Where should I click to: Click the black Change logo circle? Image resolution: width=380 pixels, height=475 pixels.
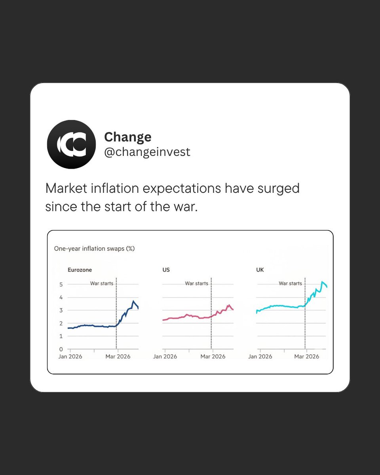pyautogui.click(x=71, y=144)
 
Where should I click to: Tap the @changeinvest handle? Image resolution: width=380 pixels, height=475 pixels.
pyautogui.click(x=147, y=152)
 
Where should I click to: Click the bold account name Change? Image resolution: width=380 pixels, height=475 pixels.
pyautogui.click(x=127, y=137)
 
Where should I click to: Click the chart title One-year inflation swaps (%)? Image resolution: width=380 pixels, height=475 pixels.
pyautogui.click(x=94, y=249)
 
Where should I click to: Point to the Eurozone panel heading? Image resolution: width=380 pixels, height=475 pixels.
pyautogui.click(x=80, y=270)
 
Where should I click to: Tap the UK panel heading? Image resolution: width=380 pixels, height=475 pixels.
pyautogui.click(x=260, y=270)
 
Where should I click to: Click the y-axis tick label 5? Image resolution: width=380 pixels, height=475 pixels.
pyautogui.click(x=61, y=284)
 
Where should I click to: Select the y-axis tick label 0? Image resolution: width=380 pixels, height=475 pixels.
pyautogui.click(x=61, y=349)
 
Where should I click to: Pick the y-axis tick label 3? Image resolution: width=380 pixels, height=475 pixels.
pyautogui.click(x=61, y=310)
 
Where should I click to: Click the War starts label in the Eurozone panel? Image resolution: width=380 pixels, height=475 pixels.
pyautogui.click(x=102, y=283)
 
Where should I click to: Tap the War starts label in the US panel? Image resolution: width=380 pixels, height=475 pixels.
pyautogui.click(x=197, y=283)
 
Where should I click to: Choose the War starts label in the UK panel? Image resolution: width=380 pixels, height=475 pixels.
pyautogui.click(x=291, y=283)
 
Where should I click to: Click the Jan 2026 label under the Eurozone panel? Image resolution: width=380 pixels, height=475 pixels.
pyautogui.click(x=70, y=357)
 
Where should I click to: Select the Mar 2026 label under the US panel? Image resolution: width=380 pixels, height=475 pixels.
pyautogui.click(x=213, y=357)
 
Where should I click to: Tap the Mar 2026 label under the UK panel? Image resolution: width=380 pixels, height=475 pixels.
pyautogui.click(x=306, y=357)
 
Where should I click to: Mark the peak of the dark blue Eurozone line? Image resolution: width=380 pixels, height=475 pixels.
pyautogui.click(x=133, y=301)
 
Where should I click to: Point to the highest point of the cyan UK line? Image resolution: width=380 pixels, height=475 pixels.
pyautogui.click(x=322, y=282)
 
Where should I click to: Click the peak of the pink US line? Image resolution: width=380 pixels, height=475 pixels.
pyautogui.click(x=229, y=305)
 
